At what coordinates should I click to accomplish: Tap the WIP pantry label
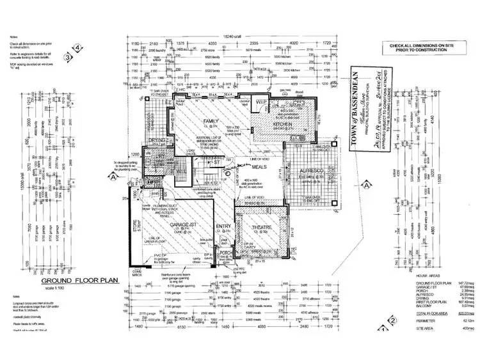[260, 102]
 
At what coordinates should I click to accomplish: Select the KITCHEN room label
[282, 124]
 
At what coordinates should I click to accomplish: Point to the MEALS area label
[259, 167]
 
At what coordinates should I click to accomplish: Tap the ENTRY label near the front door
[223, 226]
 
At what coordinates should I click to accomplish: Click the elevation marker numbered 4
[78, 48]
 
